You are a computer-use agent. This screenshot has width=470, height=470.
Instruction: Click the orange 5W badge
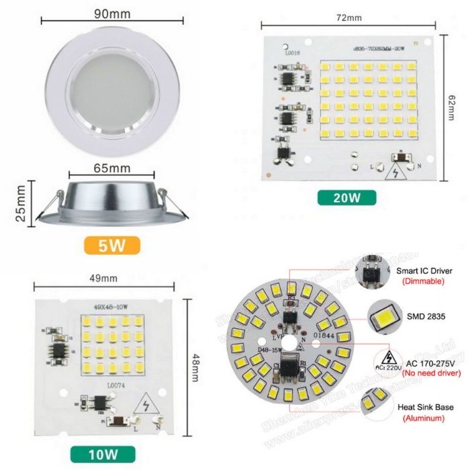112,244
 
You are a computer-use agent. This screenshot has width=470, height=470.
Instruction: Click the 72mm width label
348,18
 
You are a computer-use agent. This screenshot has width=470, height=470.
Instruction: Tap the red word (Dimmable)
422,281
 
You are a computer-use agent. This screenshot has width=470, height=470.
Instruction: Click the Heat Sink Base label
425,407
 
